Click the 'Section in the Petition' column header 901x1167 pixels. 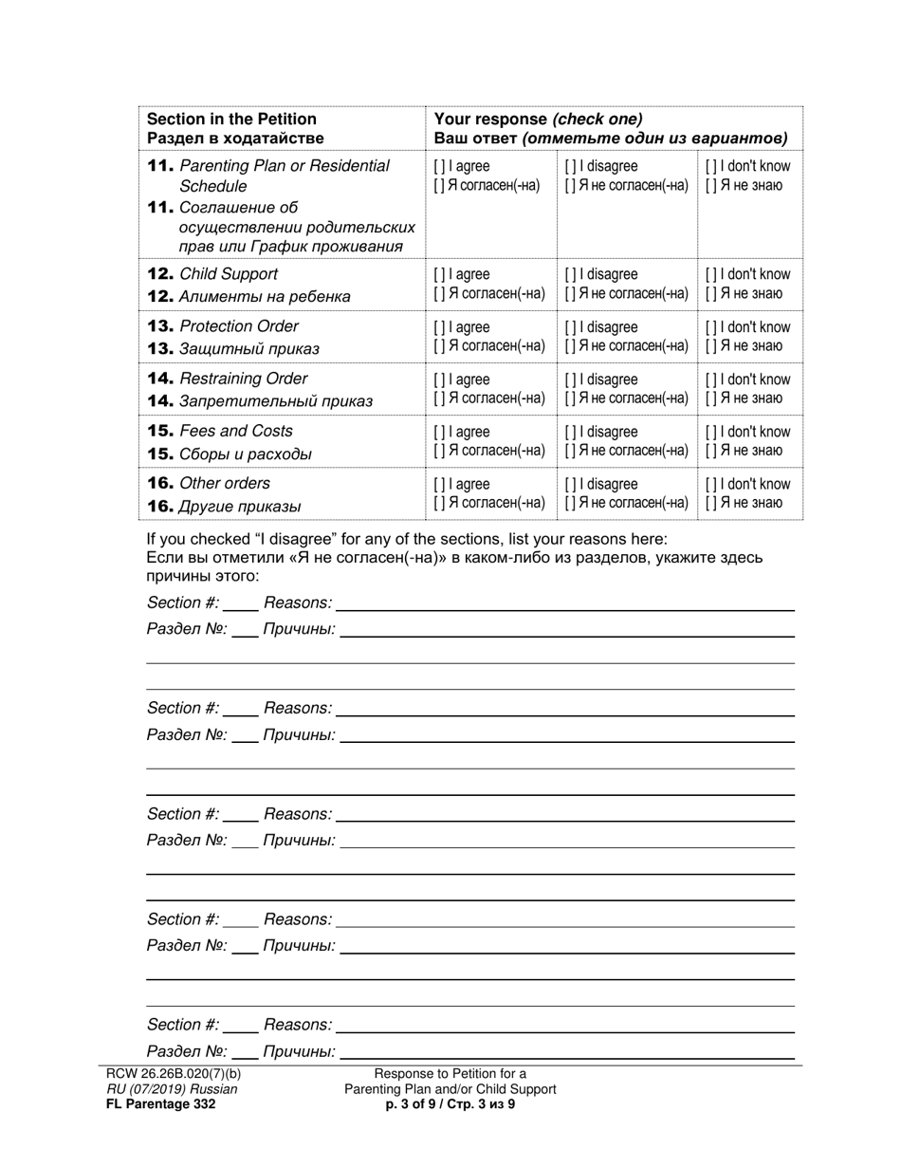tap(231, 119)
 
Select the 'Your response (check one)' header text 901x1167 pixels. tap(538, 119)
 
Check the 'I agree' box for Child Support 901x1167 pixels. tap(439, 275)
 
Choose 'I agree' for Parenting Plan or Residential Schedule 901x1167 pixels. tap(439, 167)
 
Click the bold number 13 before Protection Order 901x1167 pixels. tap(160, 326)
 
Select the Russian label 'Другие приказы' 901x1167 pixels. tap(240, 507)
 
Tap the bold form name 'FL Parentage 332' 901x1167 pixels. tap(161, 1104)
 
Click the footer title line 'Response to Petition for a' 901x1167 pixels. tap(450, 1074)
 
